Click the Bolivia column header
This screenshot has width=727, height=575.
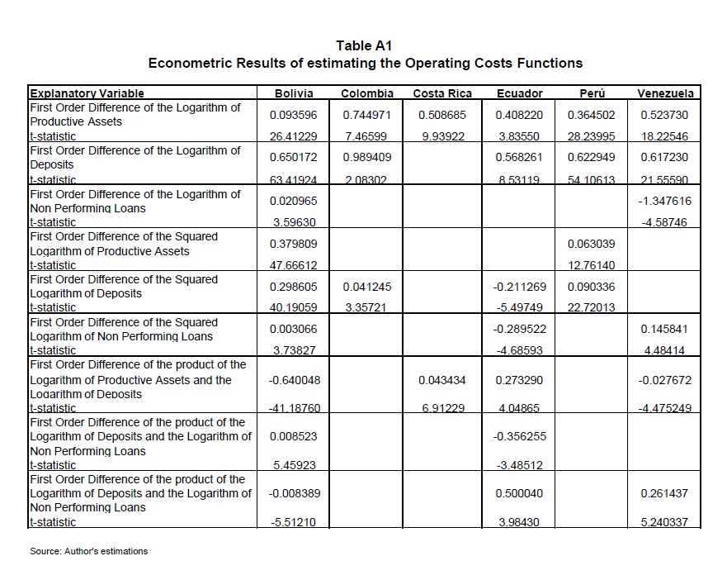(x=295, y=93)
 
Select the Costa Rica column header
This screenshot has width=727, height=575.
(x=442, y=93)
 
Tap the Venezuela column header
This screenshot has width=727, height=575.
(x=665, y=93)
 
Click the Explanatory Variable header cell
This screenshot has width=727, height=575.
(x=87, y=93)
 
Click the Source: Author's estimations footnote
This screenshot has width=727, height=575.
(x=88, y=551)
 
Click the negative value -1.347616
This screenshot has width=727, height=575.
(x=665, y=201)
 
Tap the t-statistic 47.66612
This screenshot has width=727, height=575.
(x=295, y=265)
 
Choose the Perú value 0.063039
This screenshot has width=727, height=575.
(x=592, y=244)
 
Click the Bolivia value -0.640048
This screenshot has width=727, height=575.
(x=295, y=380)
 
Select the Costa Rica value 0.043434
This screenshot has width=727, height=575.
(x=442, y=380)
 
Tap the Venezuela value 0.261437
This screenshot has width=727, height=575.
(x=665, y=493)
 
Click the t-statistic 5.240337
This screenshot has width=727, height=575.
(x=665, y=522)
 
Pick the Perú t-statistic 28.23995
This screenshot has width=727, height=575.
(x=592, y=136)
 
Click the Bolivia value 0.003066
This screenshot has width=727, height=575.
(x=295, y=330)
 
